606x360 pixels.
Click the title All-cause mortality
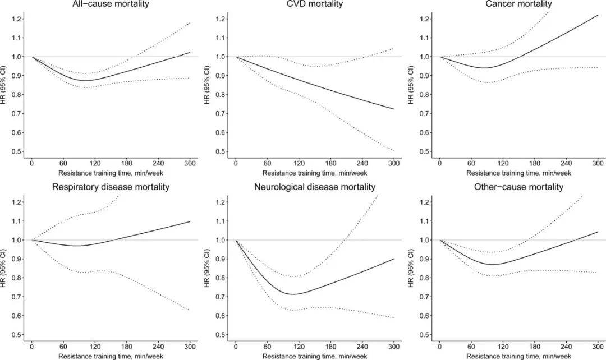[x=111, y=4]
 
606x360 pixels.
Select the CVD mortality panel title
[x=315, y=4]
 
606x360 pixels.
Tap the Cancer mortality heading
[x=518, y=4]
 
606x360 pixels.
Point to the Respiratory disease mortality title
[x=111, y=187]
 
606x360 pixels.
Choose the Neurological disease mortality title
[x=315, y=187]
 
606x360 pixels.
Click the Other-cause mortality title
[x=518, y=187]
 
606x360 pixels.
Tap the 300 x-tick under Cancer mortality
[x=598, y=163]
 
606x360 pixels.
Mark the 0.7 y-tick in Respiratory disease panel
[x=17, y=297]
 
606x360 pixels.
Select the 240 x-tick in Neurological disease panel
[x=362, y=347]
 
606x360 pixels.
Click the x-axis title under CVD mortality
[x=315, y=173]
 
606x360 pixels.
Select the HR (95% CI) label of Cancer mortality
[x=411, y=85]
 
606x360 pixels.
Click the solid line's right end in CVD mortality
[x=394, y=109]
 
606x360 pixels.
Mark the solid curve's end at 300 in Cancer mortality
[x=598, y=15]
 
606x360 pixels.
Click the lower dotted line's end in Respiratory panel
[x=190, y=310]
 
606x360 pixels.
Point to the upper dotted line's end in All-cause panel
[x=190, y=23]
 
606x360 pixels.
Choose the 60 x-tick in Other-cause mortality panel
[x=471, y=347]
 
